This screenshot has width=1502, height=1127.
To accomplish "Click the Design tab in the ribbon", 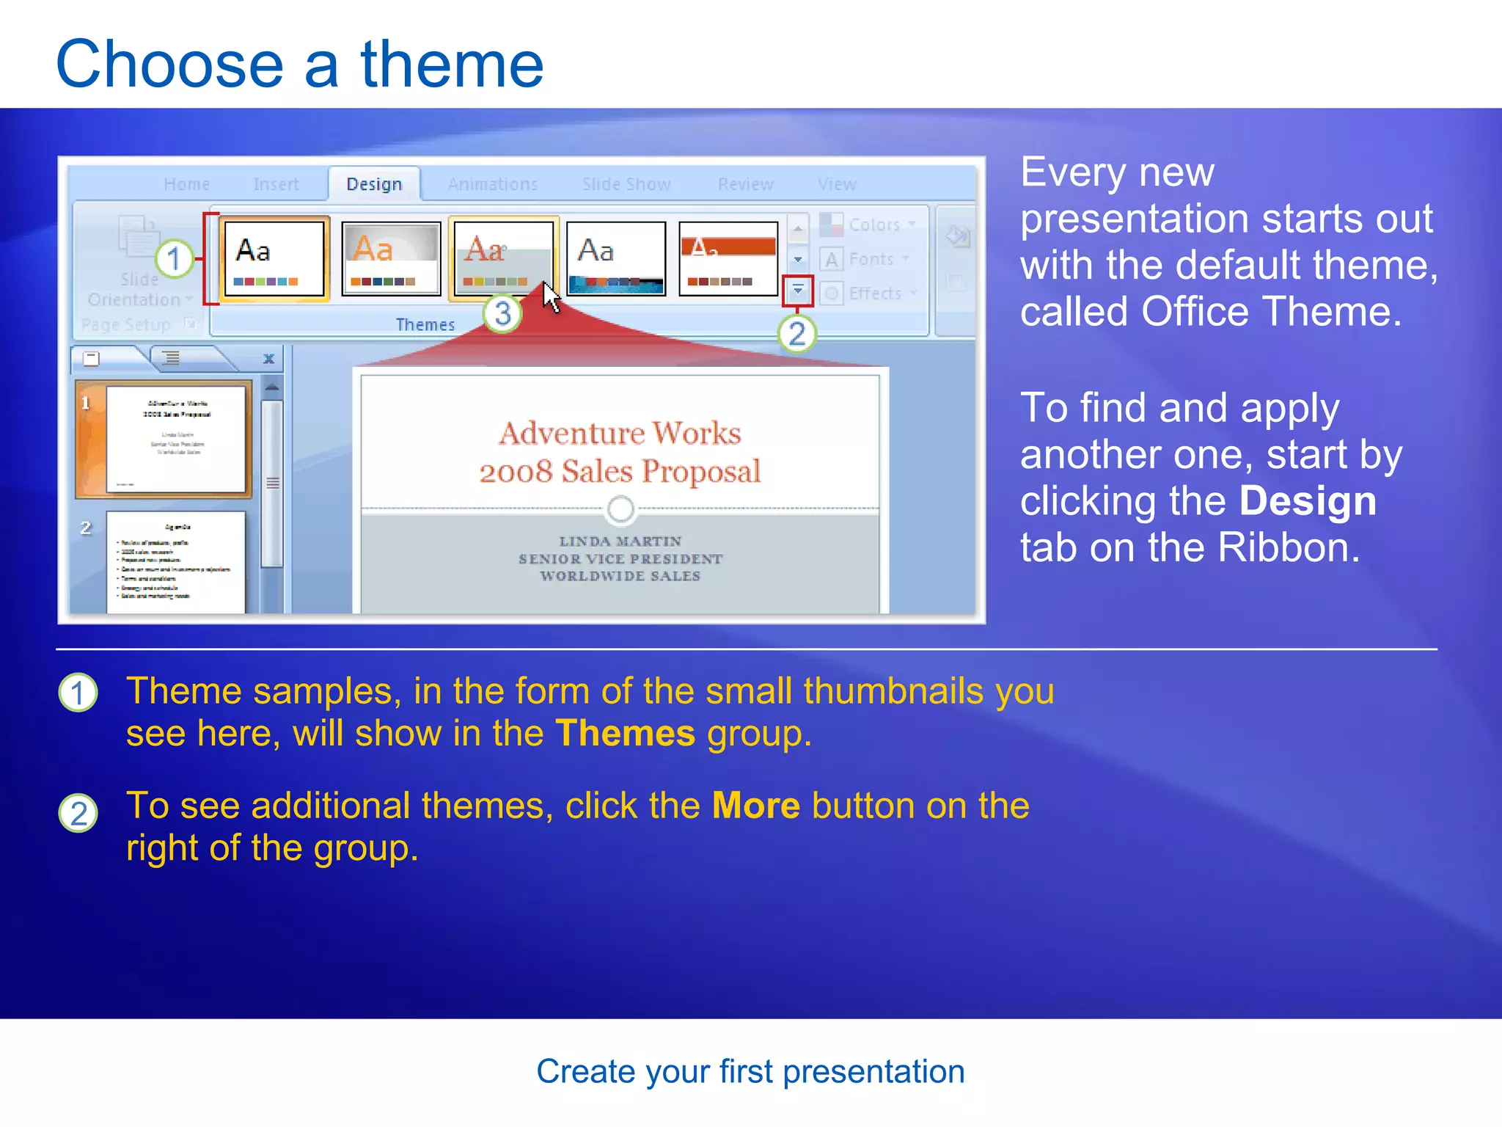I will pyautogui.click(x=374, y=184).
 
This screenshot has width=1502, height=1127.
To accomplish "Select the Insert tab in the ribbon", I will pyautogui.click(x=276, y=184).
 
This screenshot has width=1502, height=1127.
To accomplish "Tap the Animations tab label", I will pyautogui.click(x=493, y=184).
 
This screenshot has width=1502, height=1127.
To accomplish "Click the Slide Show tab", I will pyautogui.click(x=626, y=184).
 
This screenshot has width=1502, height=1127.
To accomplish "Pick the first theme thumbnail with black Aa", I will pyautogui.click(x=273, y=258).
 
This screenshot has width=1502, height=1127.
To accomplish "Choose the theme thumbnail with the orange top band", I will pyautogui.click(x=728, y=258).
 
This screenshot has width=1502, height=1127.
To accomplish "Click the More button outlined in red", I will pyautogui.click(x=798, y=291).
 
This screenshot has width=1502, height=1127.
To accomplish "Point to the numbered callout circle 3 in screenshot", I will pyautogui.click(x=502, y=314).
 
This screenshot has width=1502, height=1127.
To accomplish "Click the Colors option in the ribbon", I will pyautogui.click(x=873, y=225).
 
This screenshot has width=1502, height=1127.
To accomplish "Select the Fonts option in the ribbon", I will pyautogui.click(x=871, y=259).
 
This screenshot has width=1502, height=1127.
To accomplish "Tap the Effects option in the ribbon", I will pyautogui.click(x=874, y=293).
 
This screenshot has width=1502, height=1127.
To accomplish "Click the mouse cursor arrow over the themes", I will pyautogui.click(x=551, y=296).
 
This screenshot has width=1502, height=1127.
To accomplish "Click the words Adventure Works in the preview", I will pyautogui.click(x=620, y=433).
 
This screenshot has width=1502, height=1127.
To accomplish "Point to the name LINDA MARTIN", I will pyautogui.click(x=620, y=541).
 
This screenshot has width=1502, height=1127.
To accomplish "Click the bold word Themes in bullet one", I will pyautogui.click(x=625, y=733).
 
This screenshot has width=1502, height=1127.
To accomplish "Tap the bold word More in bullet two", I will pyautogui.click(x=755, y=806).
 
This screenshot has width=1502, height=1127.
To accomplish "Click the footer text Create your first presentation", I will pyautogui.click(x=750, y=1071).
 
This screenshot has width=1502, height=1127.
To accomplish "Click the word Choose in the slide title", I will pyautogui.click(x=169, y=65).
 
